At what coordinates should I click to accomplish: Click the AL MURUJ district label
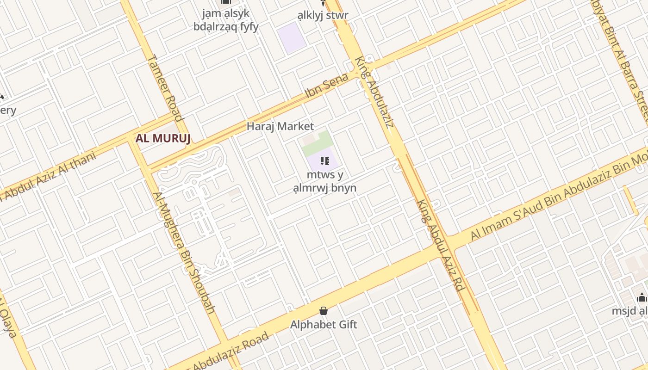click(x=163, y=138)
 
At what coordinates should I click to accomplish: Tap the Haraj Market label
click(x=280, y=126)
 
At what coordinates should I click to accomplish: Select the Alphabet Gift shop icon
click(x=324, y=311)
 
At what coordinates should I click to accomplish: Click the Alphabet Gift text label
click(x=324, y=325)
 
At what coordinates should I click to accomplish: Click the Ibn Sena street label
click(x=326, y=86)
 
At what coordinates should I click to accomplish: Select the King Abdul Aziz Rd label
click(x=440, y=245)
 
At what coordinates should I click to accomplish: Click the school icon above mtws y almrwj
click(x=324, y=161)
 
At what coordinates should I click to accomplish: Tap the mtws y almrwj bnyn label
click(x=324, y=182)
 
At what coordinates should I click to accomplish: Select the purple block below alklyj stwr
click(x=292, y=37)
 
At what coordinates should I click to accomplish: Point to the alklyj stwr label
click(x=323, y=15)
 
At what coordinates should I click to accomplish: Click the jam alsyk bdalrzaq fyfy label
click(x=226, y=19)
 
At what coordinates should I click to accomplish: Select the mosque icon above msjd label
click(x=642, y=297)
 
